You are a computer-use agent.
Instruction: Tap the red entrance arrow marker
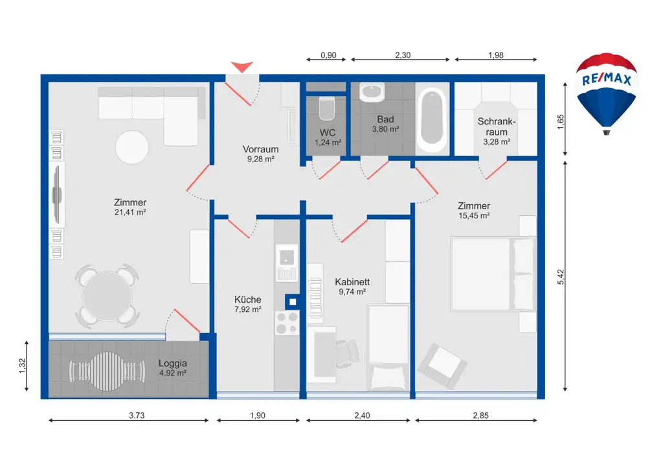[243, 66]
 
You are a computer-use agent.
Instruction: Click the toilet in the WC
[326, 108]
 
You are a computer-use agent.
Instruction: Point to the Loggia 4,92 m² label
[172, 368]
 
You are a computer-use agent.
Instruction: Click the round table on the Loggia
[106, 371]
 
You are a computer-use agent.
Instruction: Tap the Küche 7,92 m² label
[247, 304]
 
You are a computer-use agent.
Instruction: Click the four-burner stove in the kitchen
[287, 322]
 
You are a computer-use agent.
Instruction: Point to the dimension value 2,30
[402, 55]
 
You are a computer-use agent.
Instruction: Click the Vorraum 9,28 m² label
[260, 153]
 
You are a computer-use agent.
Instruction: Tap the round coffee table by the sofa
[133, 147]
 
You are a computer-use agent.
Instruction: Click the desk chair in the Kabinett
[348, 353]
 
